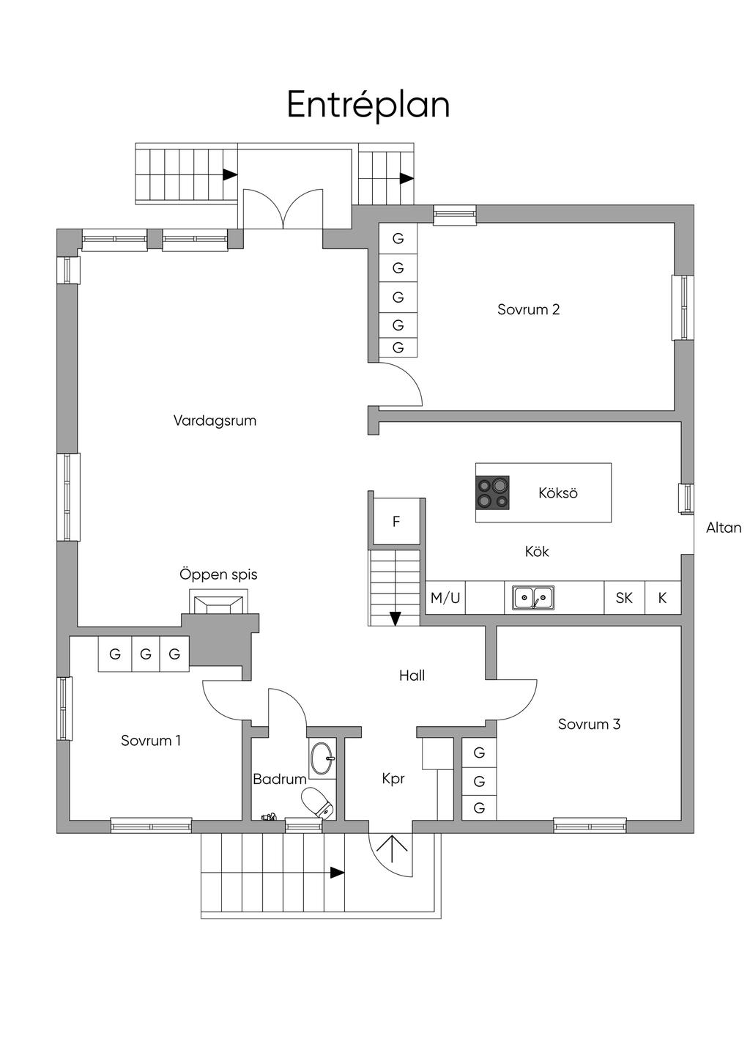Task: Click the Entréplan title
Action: coord(368,105)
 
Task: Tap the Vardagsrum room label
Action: coord(215,421)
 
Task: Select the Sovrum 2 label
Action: coord(528,309)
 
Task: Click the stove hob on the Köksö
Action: coord(492,492)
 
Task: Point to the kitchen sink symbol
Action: coord(533,598)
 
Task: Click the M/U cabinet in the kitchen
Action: coord(445,598)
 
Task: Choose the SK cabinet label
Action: coord(624,598)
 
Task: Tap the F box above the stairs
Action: coord(396,522)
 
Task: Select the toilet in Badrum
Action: coord(319,802)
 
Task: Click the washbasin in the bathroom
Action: coord(322,758)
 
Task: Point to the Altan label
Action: coord(724,528)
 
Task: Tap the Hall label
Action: coord(412,676)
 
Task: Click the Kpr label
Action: coord(393,779)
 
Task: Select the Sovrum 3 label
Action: coord(589,724)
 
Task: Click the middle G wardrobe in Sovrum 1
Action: coord(146,654)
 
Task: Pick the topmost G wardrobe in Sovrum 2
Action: coord(398,239)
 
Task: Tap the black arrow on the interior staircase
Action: coord(396,618)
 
